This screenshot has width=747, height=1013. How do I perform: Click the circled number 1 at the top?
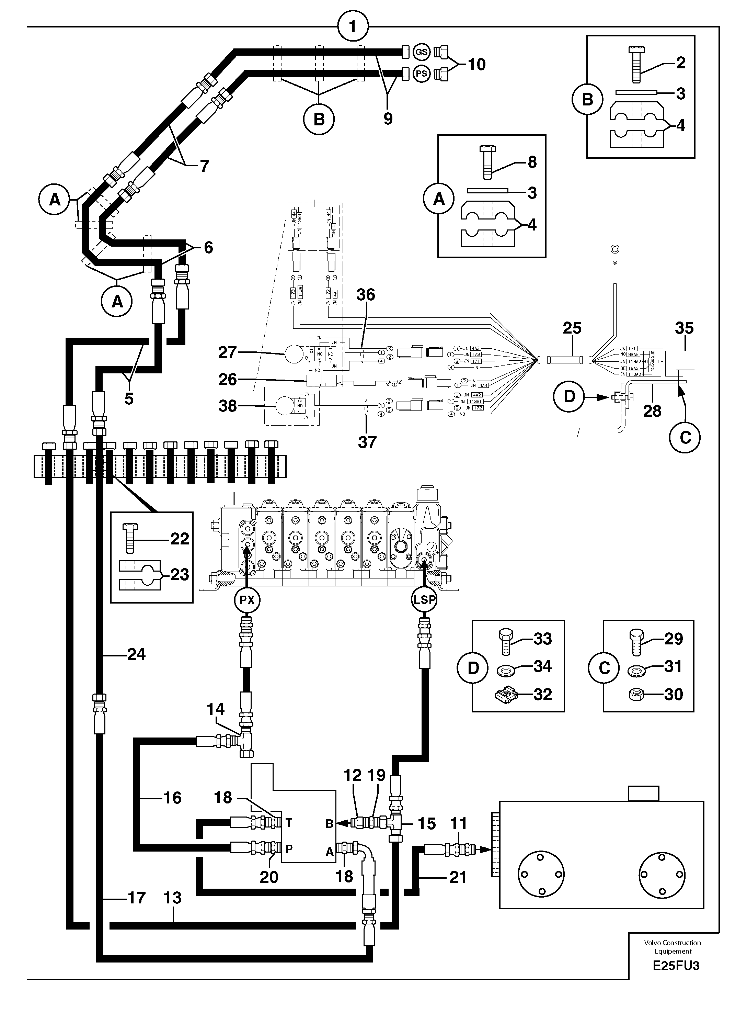coord(353,27)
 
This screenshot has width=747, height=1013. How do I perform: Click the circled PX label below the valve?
coord(247,600)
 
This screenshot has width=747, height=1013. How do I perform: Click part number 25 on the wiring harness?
coord(572,328)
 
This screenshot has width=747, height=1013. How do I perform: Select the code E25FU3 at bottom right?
coord(676,966)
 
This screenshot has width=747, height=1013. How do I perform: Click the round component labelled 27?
coord(294,353)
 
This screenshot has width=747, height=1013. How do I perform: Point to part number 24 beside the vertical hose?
coord(136,654)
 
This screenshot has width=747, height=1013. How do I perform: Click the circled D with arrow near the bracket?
coord(569,396)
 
